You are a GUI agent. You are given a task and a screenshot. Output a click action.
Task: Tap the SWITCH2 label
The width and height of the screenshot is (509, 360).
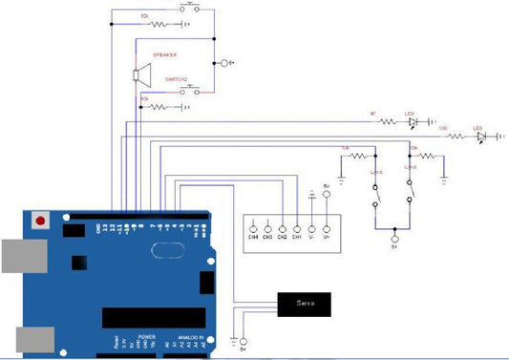click(x=176, y=79)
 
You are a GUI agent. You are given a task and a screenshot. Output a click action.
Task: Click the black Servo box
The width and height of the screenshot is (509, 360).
click(x=305, y=304)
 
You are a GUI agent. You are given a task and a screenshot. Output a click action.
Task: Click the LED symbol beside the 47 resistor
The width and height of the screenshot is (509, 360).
click(x=413, y=122)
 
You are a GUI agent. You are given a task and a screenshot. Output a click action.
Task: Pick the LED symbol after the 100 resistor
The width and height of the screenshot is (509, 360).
click(x=480, y=137)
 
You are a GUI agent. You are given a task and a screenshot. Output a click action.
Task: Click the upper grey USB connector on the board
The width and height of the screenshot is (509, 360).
click(x=21, y=256)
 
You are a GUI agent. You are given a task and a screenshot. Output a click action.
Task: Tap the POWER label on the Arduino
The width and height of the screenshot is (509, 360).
click(x=147, y=338)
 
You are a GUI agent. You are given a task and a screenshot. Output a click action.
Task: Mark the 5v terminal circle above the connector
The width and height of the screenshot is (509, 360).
click(x=326, y=195)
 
